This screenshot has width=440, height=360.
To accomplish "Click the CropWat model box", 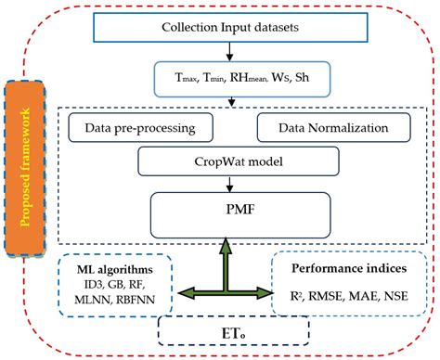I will [222, 161].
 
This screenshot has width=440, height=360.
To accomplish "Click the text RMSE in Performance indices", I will [329, 298].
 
